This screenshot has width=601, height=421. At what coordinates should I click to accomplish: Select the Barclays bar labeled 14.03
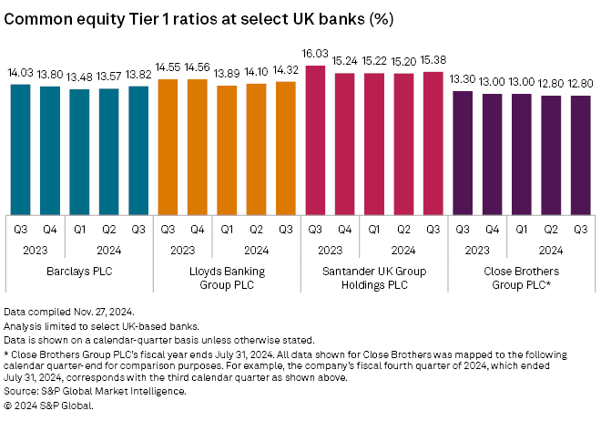[x=23, y=146]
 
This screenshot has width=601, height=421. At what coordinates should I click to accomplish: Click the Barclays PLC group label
[x=80, y=271]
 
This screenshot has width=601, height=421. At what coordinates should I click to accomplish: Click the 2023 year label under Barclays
[x=37, y=247]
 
